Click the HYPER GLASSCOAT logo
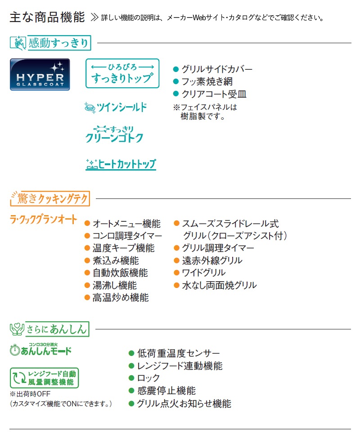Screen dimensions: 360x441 coord(40,75)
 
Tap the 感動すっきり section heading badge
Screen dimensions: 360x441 coord(50,43)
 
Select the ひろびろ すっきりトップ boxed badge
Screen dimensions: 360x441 coord(122,73)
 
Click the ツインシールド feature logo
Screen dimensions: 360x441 coord(116,108)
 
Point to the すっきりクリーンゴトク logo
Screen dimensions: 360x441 coord(114,135)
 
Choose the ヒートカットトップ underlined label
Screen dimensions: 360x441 coord(121,164)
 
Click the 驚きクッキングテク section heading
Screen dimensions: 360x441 coord(50,198)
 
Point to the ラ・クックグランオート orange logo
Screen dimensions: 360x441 coord(43,219)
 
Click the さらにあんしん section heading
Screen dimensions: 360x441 coord(49,329)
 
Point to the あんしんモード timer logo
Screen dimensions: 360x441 coord(41,349)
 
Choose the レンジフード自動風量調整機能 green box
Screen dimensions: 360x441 coord(44,378)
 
